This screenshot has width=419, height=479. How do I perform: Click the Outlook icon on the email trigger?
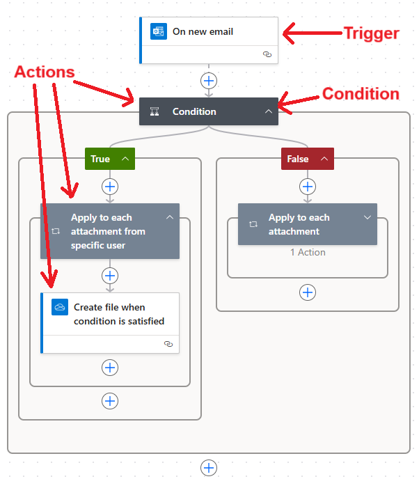tap(159, 31)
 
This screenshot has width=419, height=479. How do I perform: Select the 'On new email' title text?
tap(203, 31)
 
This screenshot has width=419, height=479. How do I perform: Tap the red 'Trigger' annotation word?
tap(372, 33)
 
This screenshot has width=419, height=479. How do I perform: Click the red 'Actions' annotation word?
tap(45, 72)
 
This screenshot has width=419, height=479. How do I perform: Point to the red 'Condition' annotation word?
tap(361, 93)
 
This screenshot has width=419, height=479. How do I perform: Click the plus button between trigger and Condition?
tap(209, 81)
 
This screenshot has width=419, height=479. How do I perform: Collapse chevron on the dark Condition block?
tap(269, 111)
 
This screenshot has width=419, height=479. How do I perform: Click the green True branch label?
tap(110, 159)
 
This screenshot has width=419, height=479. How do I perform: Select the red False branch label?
tap(308, 159)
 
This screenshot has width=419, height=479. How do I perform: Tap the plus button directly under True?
tap(110, 187)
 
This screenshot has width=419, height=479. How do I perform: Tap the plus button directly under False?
tap(308, 187)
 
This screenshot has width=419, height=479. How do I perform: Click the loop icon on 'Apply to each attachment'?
tap(253, 224)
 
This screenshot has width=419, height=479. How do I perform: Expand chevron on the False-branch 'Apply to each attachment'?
tap(367, 217)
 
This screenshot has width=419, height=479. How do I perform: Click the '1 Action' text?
tap(308, 252)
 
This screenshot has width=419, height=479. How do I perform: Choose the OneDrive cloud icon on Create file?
tap(60, 307)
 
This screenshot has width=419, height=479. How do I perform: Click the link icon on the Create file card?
tap(168, 344)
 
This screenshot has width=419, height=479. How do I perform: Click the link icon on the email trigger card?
tap(267, 54)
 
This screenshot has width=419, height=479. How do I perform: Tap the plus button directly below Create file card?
tap(110, 368)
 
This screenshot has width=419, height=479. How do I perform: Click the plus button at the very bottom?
tap(209, 468)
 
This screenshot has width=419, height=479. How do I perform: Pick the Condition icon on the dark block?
tap(155, 111)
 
